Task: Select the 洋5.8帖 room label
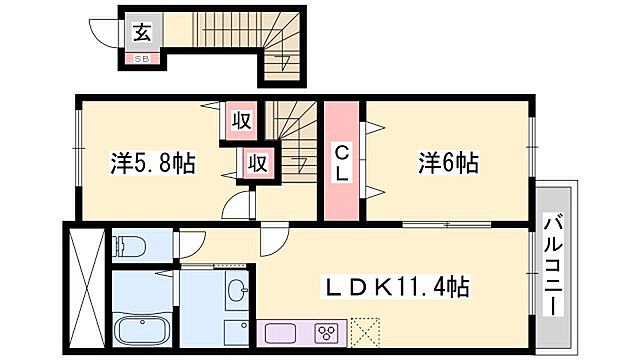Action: click(x=151, y=162)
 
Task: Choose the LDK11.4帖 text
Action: click(x=390, y=288)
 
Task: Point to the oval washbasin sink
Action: click(x=237, y=291)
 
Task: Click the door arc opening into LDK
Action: click(x=270, y=238)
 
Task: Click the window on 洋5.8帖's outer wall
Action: click(x=78, y=160)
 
